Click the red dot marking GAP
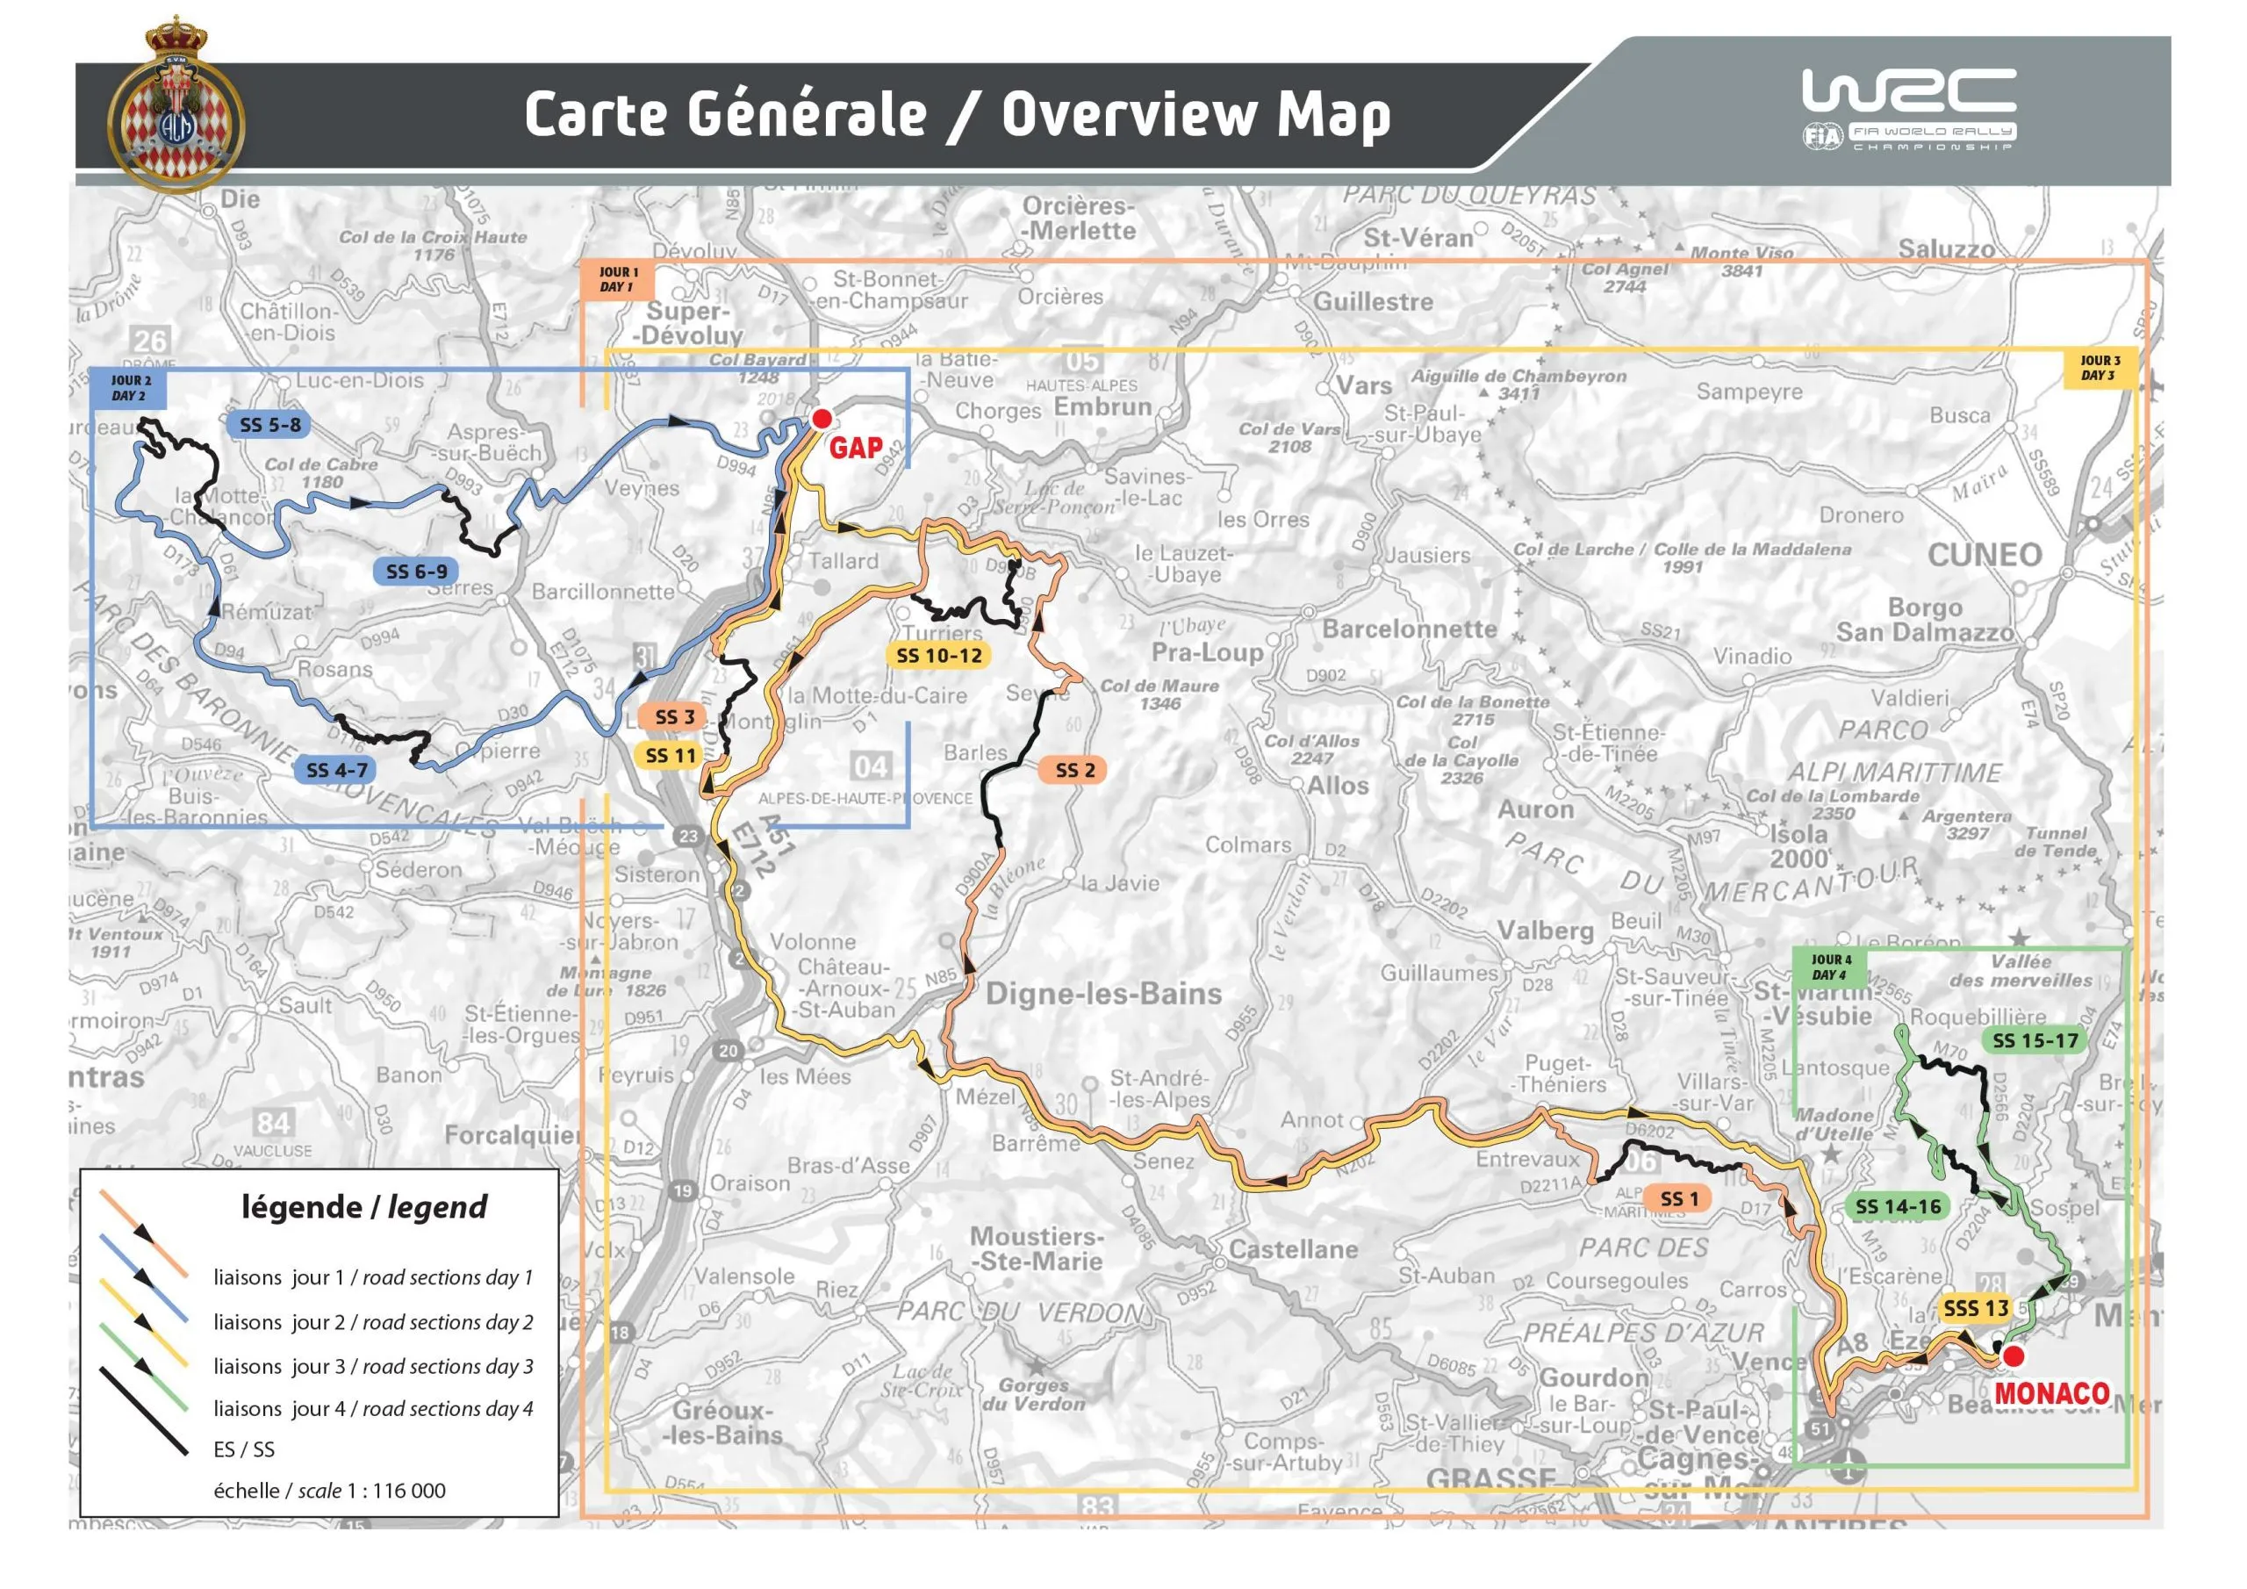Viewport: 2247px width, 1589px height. [821, 419]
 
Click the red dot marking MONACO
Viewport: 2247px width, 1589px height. [2014, 1356]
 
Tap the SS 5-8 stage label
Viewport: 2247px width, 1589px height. [270, 425]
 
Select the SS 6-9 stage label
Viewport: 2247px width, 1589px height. [416, 572]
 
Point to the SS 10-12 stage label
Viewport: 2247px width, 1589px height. [938, 656]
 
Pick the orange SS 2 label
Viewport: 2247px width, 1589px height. [1074, 771]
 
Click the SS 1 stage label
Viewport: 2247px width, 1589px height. [1679, 1198]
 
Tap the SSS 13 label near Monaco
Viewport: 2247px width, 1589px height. [1975, 1308]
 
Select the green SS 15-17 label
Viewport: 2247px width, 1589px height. [2035, 1040]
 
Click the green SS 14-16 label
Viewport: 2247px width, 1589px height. [1898, 1207]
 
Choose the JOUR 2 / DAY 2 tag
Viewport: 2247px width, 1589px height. [129, 389]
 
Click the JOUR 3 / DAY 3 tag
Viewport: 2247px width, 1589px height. [2100, 368]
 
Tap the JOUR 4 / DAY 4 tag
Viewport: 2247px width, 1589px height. [1830, 967]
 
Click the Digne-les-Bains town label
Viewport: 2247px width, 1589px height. [1103, 994]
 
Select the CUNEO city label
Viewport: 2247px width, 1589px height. [1984, 555]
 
